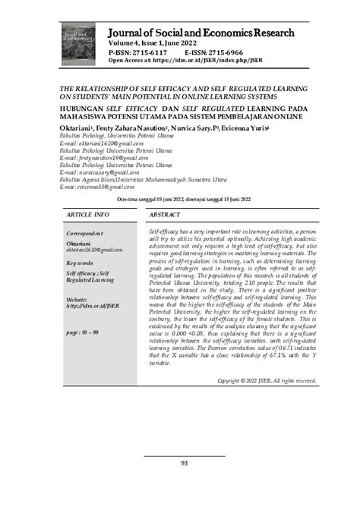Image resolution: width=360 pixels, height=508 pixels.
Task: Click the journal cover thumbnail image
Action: pyautogui.click(x=78, y=41)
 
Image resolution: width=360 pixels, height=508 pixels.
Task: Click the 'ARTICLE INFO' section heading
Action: pyautogui.click(x=88, y=215)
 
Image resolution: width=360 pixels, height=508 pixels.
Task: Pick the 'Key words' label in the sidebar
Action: pyautogui.click(x=81, y=263)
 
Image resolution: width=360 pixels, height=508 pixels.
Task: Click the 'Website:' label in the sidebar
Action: pyautogui.click(x=79, y=299)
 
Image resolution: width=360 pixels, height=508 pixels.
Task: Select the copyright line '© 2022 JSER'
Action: pyautogui.click(x=266, y=402)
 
